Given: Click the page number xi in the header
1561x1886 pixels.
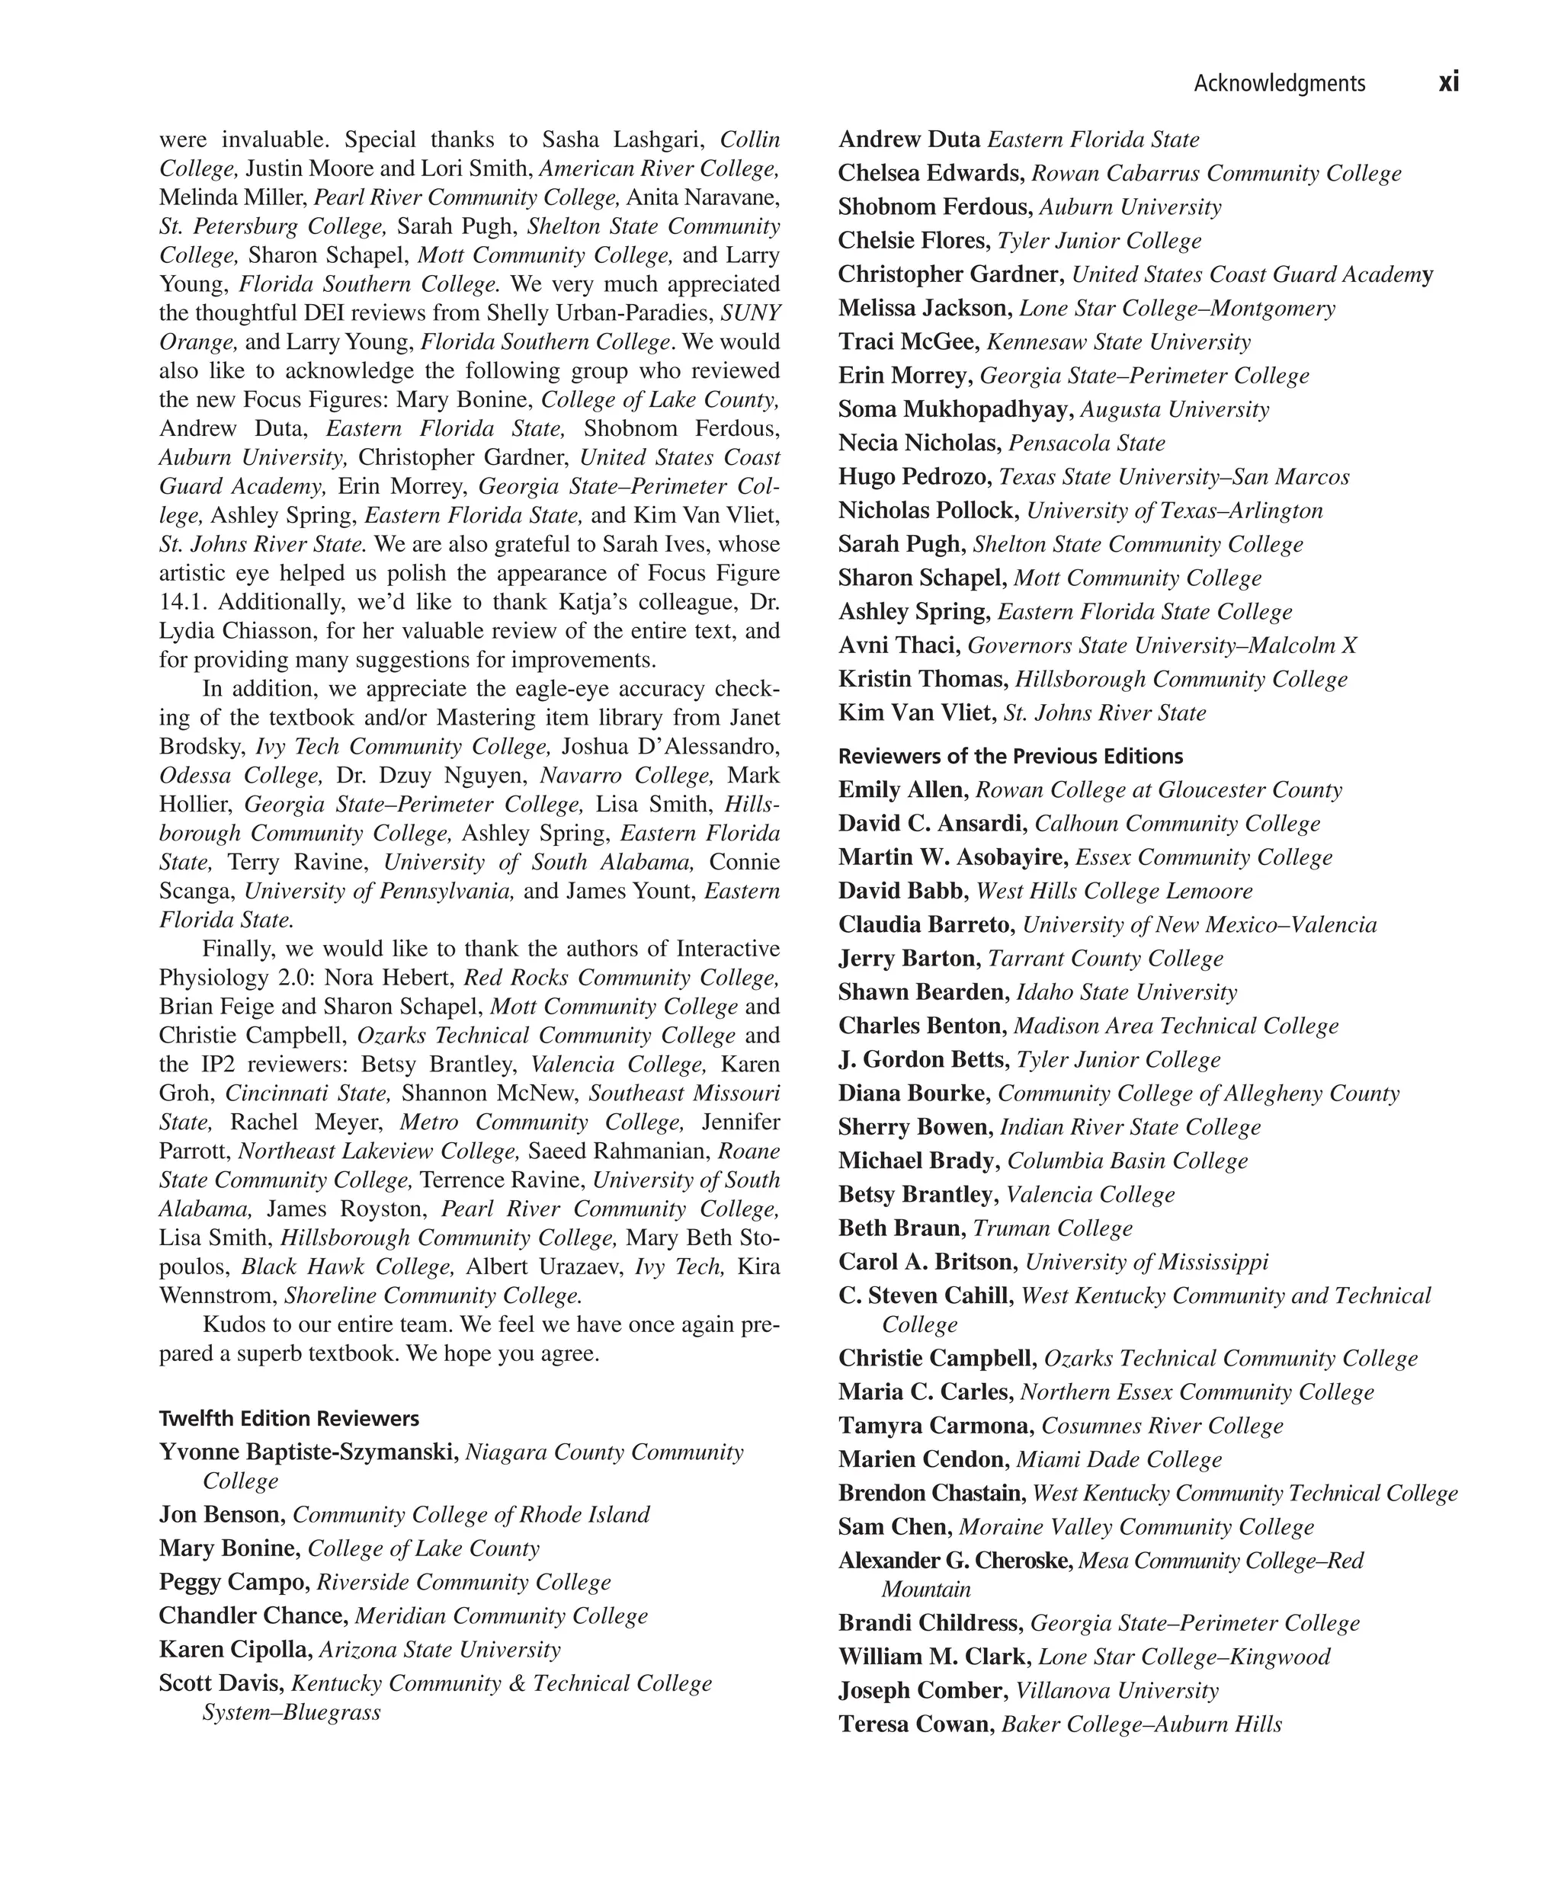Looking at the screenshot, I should (1448, 82).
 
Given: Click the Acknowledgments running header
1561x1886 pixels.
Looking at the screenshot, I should (1279, 84).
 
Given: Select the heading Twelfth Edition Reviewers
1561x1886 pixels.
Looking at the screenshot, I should (288, 1418).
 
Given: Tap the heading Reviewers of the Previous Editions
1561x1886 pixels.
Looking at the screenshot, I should (1011, 756).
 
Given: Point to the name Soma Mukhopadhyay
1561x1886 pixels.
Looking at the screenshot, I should (955, 409).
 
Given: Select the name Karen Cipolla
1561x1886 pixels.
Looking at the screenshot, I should (236, 1650).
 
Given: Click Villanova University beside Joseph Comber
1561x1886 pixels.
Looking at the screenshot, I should (1117, 1691).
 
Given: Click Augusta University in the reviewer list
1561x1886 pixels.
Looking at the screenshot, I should (1175, 409).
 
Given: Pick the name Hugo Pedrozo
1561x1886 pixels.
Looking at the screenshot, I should (915, 477).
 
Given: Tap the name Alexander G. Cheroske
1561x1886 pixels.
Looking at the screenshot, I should (955, 1561).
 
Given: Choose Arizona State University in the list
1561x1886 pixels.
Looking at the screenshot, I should (440, 1650).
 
